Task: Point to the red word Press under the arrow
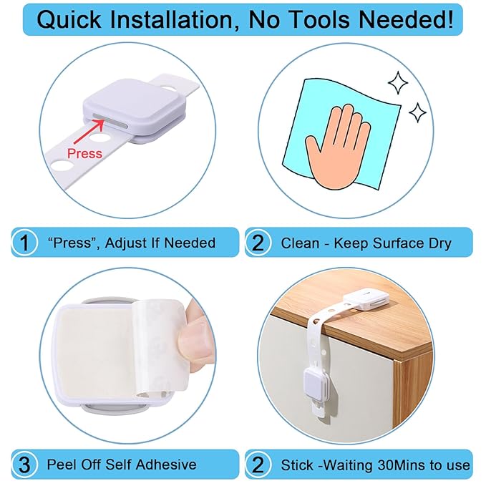(84, 152)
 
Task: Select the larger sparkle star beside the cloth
(399, 82)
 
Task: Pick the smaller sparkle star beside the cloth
(417, 112)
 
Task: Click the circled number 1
(25, 243)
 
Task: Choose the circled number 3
(25, 465)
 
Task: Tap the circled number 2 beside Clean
(258, 243)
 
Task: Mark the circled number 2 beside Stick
(258, 465)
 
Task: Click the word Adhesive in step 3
(164, 465)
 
